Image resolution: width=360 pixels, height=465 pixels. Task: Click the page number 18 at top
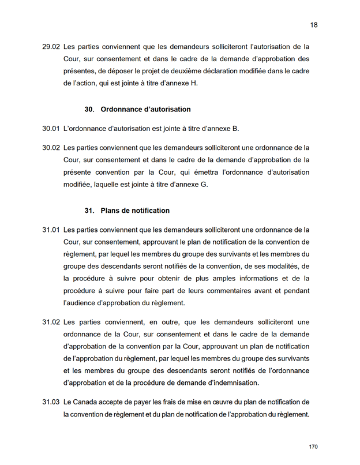(314, 25)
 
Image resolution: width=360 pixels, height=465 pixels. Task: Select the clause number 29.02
(51, 46)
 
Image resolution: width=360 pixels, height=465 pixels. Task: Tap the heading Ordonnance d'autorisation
(145, 109)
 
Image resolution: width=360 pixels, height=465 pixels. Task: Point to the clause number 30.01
(51, 128)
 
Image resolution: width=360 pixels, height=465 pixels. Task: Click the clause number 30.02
(51, 147)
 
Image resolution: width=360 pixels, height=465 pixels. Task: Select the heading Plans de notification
(135, 211)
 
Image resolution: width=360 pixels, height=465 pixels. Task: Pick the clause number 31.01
(51, 230)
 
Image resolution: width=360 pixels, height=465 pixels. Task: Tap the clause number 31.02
(51, 321)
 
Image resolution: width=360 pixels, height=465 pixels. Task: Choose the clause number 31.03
(51, 401)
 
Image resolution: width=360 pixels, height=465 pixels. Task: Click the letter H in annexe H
(194, 83)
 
